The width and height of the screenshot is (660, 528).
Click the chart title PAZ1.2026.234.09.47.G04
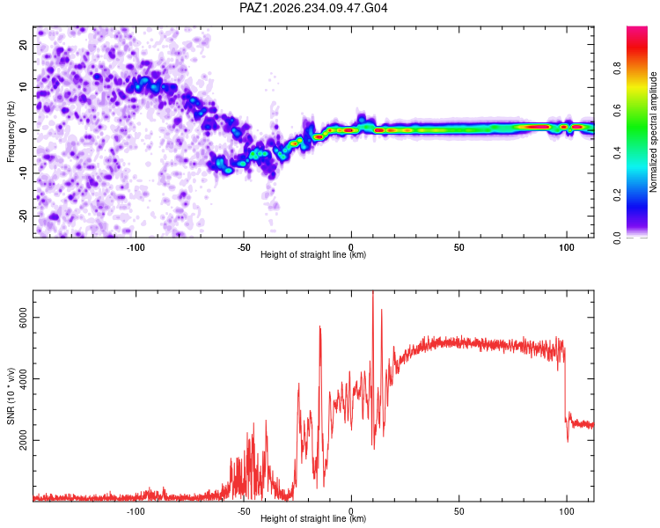[x=313, y=8]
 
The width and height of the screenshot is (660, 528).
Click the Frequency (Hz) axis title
[x=11, y=132]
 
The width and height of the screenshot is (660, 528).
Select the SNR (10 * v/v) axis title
[x=11, y=396]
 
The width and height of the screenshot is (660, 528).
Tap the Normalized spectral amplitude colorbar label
[x=653, y=132]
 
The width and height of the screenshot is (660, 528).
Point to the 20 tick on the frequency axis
[x=23, y=45]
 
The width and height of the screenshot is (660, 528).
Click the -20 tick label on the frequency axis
[x=23, y=216]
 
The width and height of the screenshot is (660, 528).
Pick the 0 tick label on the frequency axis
[x=23, y=130]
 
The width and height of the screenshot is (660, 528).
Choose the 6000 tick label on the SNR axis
[x=23, y=318]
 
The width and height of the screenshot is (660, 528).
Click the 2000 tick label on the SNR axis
[x=23, y=440]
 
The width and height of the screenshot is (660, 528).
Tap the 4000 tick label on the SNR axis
[x=23, y=378]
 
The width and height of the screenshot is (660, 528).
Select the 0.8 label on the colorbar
[x=617, y=68]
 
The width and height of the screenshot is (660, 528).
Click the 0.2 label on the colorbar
[x=617, y=195]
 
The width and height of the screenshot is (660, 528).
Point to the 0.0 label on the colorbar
[x=617, y=238]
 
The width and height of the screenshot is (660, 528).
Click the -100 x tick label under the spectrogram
[x=136, y=247]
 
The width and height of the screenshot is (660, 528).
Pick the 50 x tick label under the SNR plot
[x=458, y=511]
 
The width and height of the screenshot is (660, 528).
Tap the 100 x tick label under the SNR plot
[x=567, y=511]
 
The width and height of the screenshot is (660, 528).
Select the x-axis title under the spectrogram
[x=313, y=254]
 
